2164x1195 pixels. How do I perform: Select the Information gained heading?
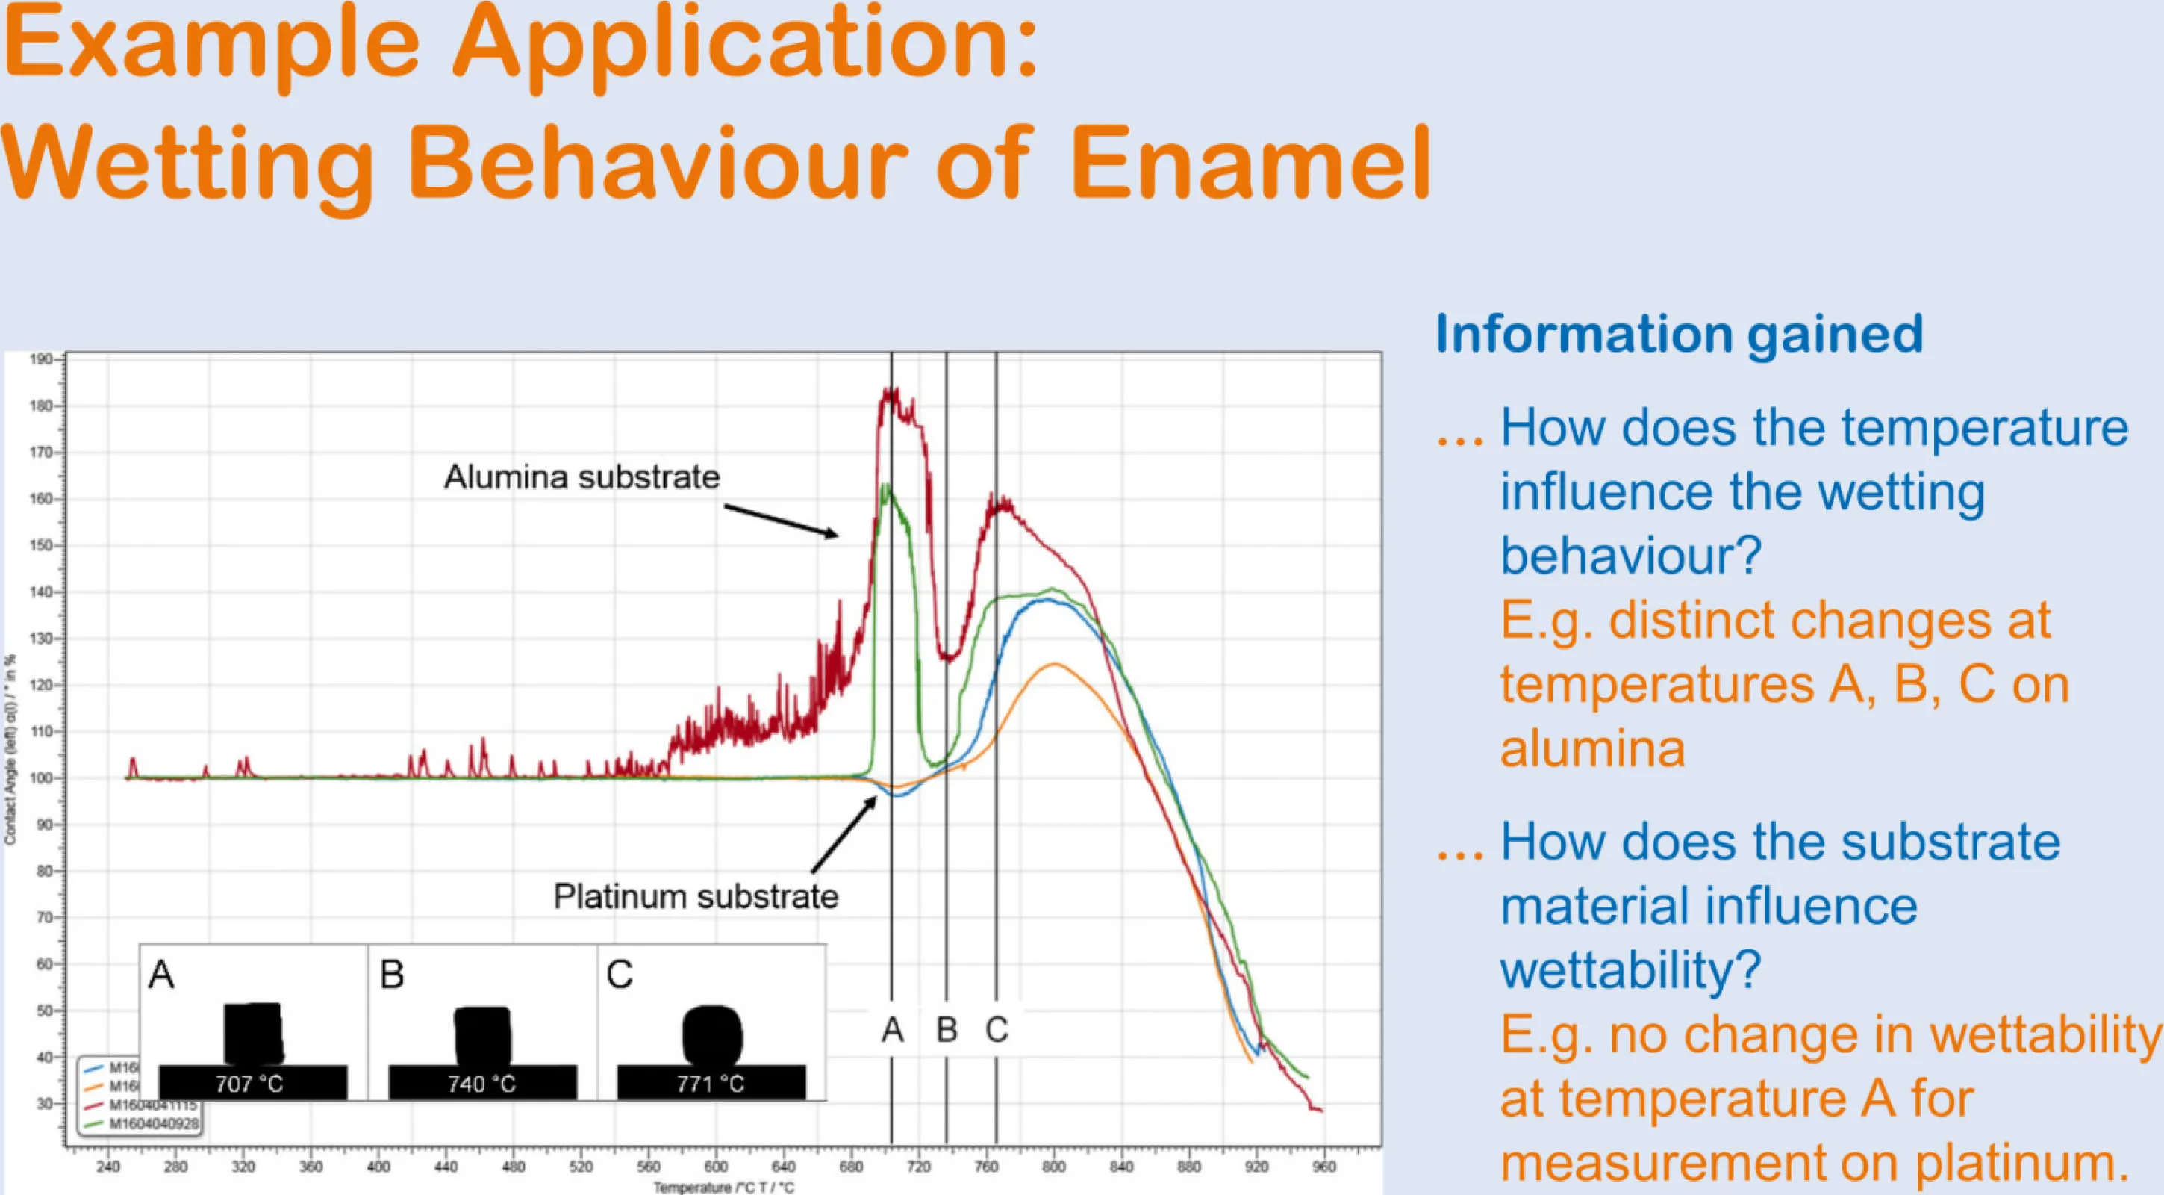pyautogui.click(x=1679, y=335)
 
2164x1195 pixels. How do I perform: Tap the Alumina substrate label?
pyautogui.click(x=581, y=477)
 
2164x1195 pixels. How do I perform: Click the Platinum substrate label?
pyautogui.click(x=696, y=897)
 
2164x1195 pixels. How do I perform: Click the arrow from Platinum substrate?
pyautogui.click(x=844, y=834)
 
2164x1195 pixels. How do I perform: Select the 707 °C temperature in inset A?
pyautogui.click(x=249, y=1084)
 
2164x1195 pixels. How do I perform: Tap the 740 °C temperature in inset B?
pyautogui.click(x=481, y=1084)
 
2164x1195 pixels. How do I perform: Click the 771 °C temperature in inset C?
pyautogui.click(x=711, y=1084)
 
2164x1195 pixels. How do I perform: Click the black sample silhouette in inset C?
pyautogui.click(x=712, y=1034)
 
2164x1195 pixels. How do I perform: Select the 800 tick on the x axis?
pyautogui.click(x=1053, y=1167)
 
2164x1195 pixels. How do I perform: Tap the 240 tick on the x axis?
pyautogui.click(x=107, y=1167)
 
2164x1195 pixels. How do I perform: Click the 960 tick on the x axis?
pyautogui.click(x=1324, y=1167)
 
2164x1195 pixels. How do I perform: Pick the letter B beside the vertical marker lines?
pyautogui.click(x=947, y=1029)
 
